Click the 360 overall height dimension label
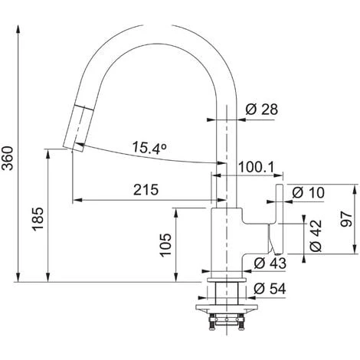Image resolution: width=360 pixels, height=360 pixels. click(8, 158)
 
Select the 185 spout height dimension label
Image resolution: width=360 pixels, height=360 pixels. click(38, 219)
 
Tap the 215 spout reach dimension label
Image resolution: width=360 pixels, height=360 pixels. click(146, 190)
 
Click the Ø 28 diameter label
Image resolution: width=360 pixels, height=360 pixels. click(261, 110)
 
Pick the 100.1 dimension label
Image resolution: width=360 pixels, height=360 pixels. click(256, 168)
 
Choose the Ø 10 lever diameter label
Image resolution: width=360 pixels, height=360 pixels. click(308, 192)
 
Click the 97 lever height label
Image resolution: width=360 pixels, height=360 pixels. click(346, 219)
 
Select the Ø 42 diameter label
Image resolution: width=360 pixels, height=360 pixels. click(316, 235)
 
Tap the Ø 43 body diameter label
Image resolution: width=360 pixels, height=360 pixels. click(270, 263)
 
